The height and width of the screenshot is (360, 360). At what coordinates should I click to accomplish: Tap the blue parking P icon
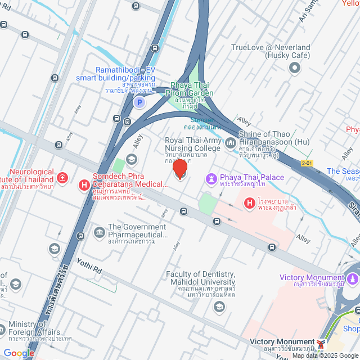[138, 102]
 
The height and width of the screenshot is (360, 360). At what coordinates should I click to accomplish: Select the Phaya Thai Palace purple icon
[212, 178]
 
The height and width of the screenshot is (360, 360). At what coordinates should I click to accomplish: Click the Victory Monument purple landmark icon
[352, 278]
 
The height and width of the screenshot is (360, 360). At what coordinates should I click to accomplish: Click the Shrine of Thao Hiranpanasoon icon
[230, 144]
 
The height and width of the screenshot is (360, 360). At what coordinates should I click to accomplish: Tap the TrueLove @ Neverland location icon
[294, 68]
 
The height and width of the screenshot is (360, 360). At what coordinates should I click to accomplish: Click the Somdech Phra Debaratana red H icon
[84, 184]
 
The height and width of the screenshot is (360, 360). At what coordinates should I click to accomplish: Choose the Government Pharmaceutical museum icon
[99, 232]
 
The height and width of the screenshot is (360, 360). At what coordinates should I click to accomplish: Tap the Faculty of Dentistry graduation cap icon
[219, 307]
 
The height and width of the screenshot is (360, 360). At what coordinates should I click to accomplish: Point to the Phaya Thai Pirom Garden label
[188, 93]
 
